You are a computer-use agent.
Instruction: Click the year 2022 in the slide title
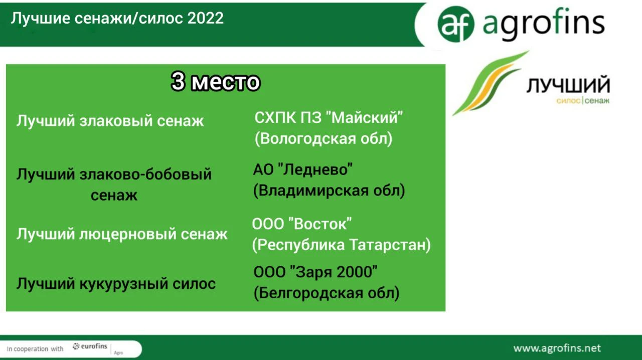(205, 19)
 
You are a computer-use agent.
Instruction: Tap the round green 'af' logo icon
(456, 24)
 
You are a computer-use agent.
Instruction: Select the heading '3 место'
(216, 82)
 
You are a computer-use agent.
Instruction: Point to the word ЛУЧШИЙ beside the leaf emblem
(568, 85)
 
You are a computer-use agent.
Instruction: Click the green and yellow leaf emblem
(490, 83)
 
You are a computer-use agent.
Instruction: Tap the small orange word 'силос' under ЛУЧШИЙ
(568, 101)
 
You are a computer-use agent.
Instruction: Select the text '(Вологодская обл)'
(324, 139)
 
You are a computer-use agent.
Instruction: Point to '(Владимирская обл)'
(329, 191)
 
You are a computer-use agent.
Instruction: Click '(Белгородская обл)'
(327, 293)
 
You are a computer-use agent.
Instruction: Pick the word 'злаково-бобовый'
(145, 174)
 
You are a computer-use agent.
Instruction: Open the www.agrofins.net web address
(557, 348)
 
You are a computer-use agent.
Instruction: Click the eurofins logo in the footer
(90, 346)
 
